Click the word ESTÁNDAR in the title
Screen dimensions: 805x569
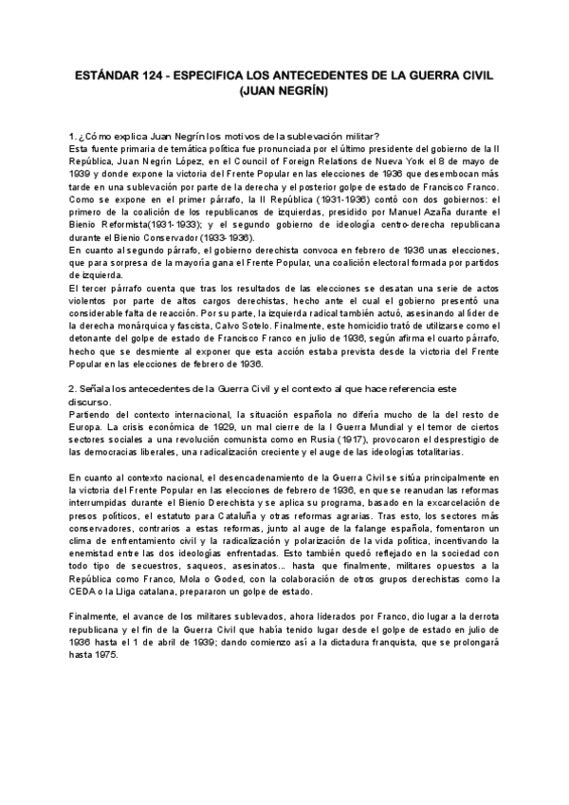pos(106,73)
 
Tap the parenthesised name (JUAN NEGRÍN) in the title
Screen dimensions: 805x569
pos(284,92)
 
